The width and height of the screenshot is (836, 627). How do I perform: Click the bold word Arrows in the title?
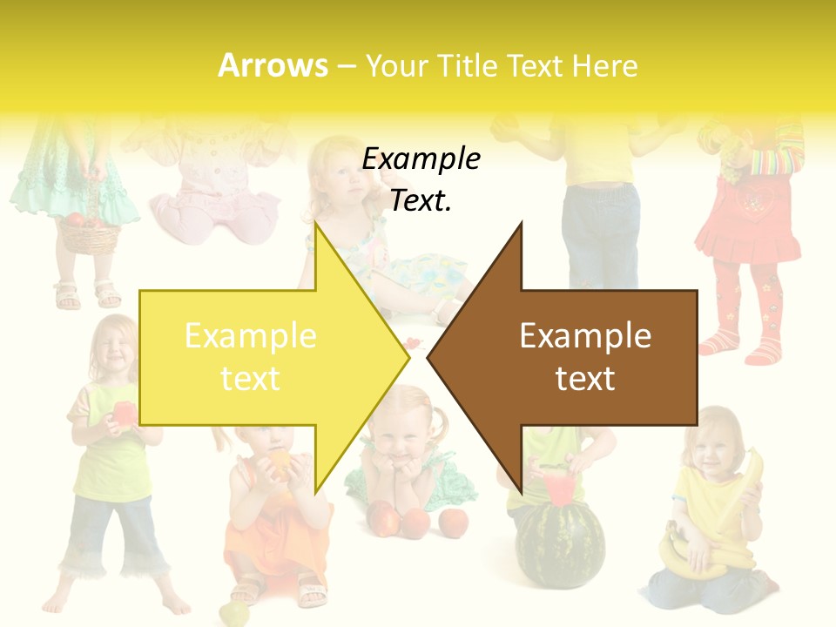(273, 65)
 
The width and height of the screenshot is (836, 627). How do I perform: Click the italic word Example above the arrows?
(421, 158)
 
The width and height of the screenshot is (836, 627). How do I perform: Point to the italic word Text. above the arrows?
(421, 200)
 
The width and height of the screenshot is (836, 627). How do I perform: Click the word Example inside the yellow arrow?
(250, 335)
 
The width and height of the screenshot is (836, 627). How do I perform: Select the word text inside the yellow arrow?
(250, 379)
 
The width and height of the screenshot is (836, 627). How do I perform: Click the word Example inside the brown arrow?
(585, 335)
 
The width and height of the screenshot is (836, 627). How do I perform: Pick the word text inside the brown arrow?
(585, 379)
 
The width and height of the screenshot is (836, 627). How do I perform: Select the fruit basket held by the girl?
(89, 233)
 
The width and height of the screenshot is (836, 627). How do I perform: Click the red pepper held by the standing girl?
(124, 415)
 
